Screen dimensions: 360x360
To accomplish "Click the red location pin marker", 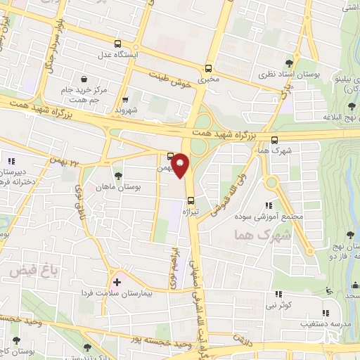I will point(181,165).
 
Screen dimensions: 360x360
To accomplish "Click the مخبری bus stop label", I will point(207,79).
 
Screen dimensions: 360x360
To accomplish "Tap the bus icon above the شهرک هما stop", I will point(274,139).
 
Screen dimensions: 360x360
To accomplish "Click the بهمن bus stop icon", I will point(171,157).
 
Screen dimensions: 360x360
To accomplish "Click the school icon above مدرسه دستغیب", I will point(325,314).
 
